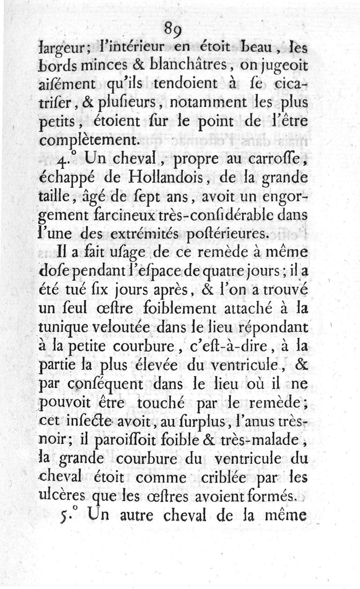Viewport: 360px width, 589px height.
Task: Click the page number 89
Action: [x=172, y=29]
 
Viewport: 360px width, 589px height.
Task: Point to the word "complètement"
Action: [x=88, y=140]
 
